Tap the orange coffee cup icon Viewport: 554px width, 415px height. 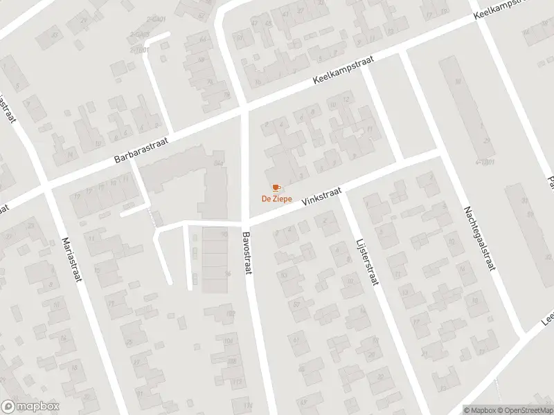tap(276, 187)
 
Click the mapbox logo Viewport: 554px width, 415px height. tap(30, 407)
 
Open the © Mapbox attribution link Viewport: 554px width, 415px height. tap(481, 409)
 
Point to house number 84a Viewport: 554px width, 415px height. tap(220, 163)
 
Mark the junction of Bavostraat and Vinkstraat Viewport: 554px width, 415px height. tap(245, 223)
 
